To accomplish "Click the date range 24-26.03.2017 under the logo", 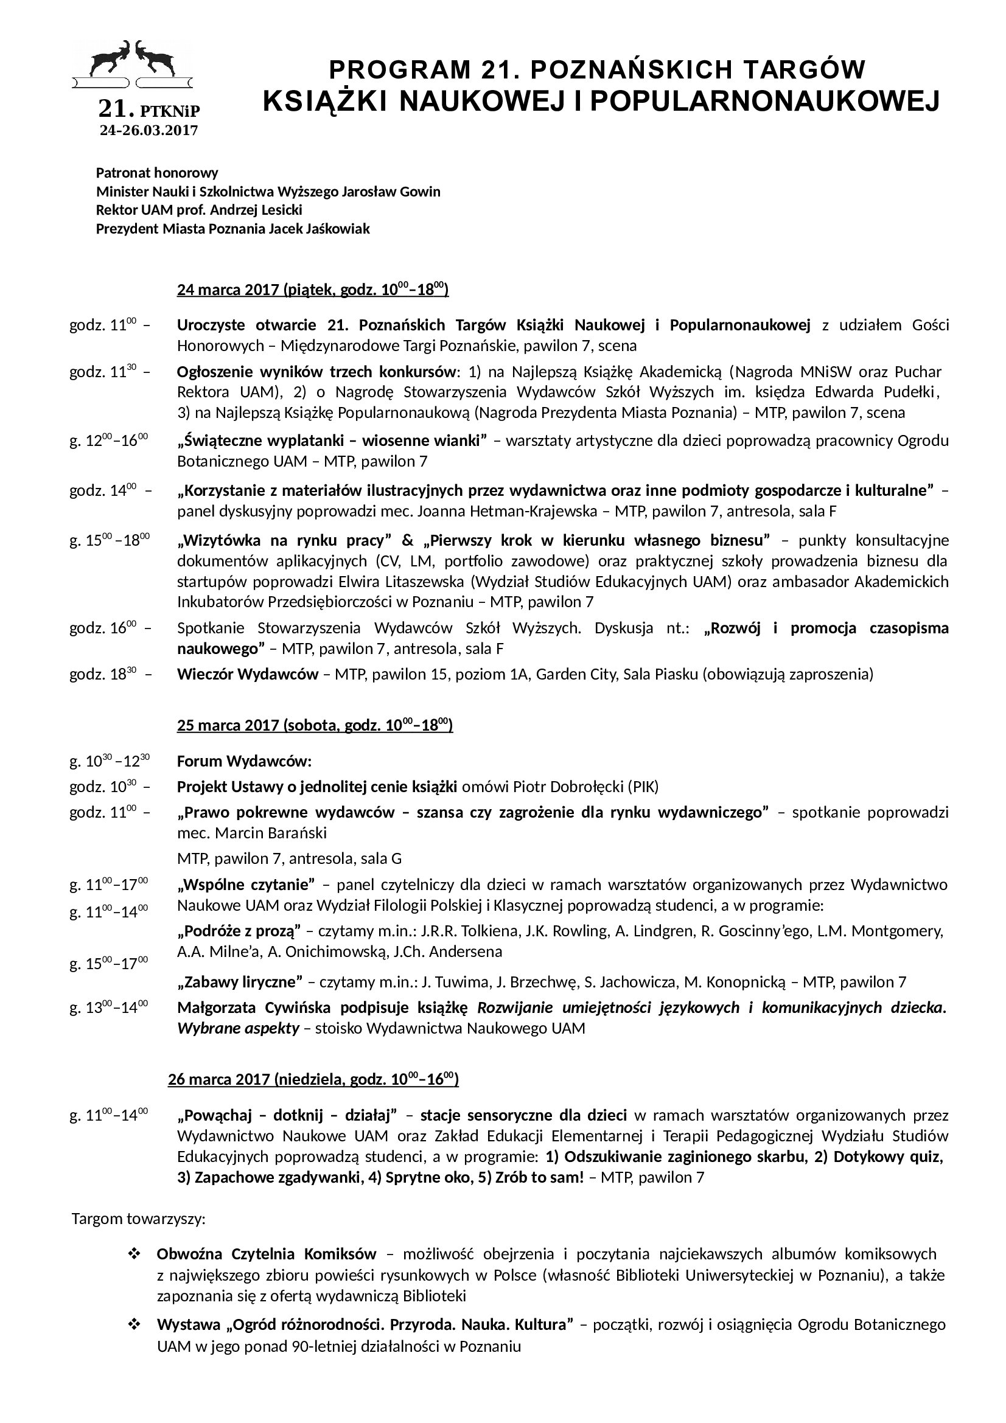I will coord(148,130).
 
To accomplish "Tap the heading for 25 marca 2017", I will coord(315,725).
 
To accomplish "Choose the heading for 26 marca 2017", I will coord(313,1079).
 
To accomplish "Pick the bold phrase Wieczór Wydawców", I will coord(247,674).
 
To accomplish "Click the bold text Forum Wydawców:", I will coord(244,761).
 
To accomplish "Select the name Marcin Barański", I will coord(271,832).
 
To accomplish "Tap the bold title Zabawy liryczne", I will coord(240,982).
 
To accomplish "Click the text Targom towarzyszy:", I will coord(139,1219).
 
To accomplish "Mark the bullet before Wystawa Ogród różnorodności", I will coord(133,1325).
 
